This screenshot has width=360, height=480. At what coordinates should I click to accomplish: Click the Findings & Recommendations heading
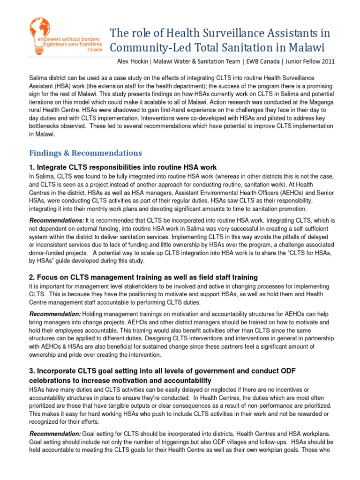pyautogui.click(x=85, y=153)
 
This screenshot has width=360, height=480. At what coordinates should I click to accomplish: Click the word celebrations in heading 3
pyautogui.click(x=52, y=380)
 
